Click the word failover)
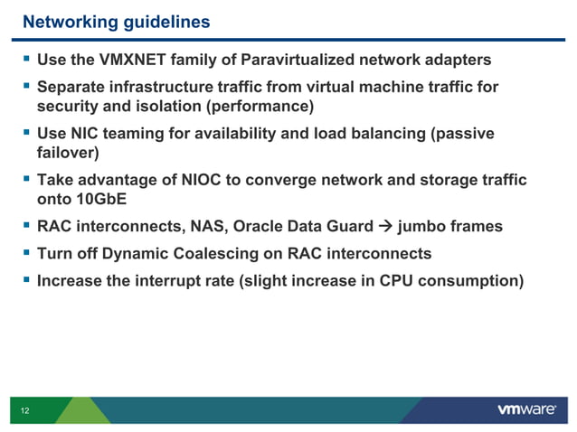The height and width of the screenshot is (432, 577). pos(68,154)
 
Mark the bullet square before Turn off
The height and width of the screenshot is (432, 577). pos(25,254)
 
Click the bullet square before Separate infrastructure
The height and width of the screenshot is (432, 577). pos(25,89)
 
